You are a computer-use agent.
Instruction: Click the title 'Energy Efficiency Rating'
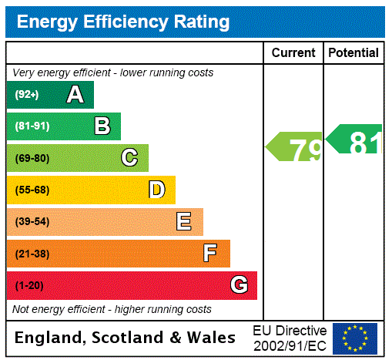tap(122, 22)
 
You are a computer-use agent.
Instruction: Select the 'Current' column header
tap(293, 53)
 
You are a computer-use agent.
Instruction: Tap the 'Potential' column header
tap(353, 53)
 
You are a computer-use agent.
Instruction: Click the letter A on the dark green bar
tap(75, 95)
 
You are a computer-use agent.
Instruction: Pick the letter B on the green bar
tap(102, 126)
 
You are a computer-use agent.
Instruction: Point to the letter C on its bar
tap(129, 158)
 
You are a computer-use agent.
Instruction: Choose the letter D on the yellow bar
tap(157, 190)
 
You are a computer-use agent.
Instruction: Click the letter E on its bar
tap(184, 222)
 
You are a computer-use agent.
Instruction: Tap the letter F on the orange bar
tap(210, 254)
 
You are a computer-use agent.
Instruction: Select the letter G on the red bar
tap(239, 285)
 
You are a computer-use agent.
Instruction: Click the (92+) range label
tap(27, 95)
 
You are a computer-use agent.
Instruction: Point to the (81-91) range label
tap(32, 126)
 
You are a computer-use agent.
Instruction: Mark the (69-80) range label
tap(32, 158)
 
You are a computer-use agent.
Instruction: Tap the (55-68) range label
tap(32, 190)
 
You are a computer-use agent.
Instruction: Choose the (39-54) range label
tap(32, 222)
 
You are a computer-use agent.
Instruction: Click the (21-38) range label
tap(32, 254)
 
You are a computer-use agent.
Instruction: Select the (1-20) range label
tap(29, 285)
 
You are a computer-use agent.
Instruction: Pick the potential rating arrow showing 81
tap(355, 140)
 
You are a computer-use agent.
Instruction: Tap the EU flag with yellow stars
tap(355, 338)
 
